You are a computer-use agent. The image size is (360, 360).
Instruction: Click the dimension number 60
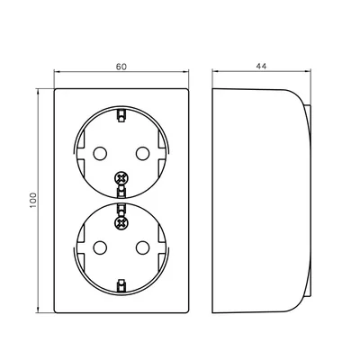(122, 65)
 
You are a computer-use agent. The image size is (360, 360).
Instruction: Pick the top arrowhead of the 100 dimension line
(40, 90)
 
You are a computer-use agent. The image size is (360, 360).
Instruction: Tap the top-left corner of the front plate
(57, 88)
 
